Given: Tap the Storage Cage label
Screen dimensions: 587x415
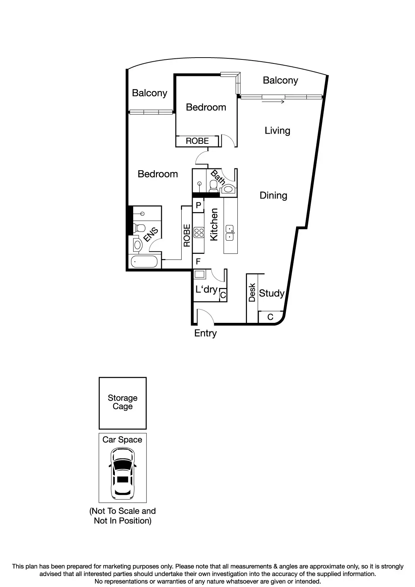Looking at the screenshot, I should [123, 402].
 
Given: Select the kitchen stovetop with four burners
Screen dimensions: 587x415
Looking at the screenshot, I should [199, 232].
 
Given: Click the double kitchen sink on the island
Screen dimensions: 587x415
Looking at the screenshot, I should [230, 233].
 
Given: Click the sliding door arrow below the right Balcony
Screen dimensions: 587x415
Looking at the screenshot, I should [273, 102].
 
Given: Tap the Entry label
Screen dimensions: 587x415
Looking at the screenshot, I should [205, 333].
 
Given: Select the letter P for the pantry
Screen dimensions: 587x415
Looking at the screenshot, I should [199, 205].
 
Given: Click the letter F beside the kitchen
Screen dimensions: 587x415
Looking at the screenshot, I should [198, 262].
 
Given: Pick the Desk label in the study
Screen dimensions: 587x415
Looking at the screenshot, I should [252, 292].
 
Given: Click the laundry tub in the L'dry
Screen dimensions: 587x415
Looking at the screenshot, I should [200, 274].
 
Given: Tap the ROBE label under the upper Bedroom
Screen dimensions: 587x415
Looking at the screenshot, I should [197, 141].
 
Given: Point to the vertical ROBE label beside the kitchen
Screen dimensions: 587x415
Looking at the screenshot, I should [187, 235].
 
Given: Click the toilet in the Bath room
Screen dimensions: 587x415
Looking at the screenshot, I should [213, 187].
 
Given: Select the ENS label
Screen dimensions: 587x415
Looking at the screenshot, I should [151, 234].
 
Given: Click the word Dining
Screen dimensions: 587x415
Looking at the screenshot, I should [273, 195].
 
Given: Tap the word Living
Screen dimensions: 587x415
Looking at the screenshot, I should [277, 131].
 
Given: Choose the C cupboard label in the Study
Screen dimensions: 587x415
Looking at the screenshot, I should [270, 317].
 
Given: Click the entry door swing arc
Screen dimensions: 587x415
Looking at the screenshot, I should [204, 315].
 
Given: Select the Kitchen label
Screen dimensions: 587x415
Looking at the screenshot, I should [214, 225].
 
